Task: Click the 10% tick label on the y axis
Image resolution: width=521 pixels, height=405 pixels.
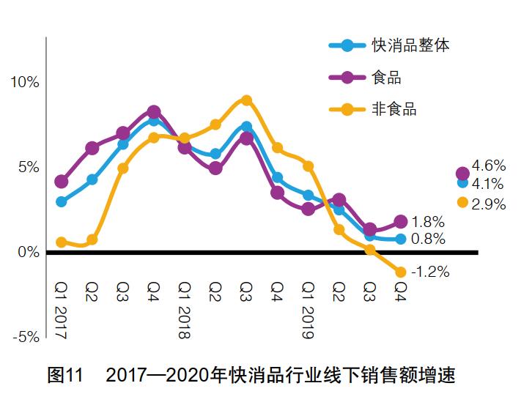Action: pos(25,81)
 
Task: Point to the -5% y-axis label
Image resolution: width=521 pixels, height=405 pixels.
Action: pos(25,337)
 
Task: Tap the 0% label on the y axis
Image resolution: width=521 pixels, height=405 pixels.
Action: pos(28,253)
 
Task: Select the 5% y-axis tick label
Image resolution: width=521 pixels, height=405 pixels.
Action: pos(28,167)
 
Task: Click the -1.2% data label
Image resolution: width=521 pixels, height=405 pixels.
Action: pos(430,272)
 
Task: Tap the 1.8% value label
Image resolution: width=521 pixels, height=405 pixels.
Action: pos(429,221)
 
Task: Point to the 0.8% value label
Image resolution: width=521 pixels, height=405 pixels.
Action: pos(429,239)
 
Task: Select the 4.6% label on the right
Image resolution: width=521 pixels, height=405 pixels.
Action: pos(489,166)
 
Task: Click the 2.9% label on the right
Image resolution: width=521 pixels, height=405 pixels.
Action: pos(489,205)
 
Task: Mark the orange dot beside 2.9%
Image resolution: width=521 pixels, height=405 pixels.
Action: pos(462,202)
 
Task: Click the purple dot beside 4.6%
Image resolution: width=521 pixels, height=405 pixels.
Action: pos(462,174)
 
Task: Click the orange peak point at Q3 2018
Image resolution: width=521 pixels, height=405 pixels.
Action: pos(247,100)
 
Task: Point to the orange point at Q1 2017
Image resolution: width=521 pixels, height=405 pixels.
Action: pos(62,242)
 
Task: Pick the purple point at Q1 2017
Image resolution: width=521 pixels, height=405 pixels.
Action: pos(62,181)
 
